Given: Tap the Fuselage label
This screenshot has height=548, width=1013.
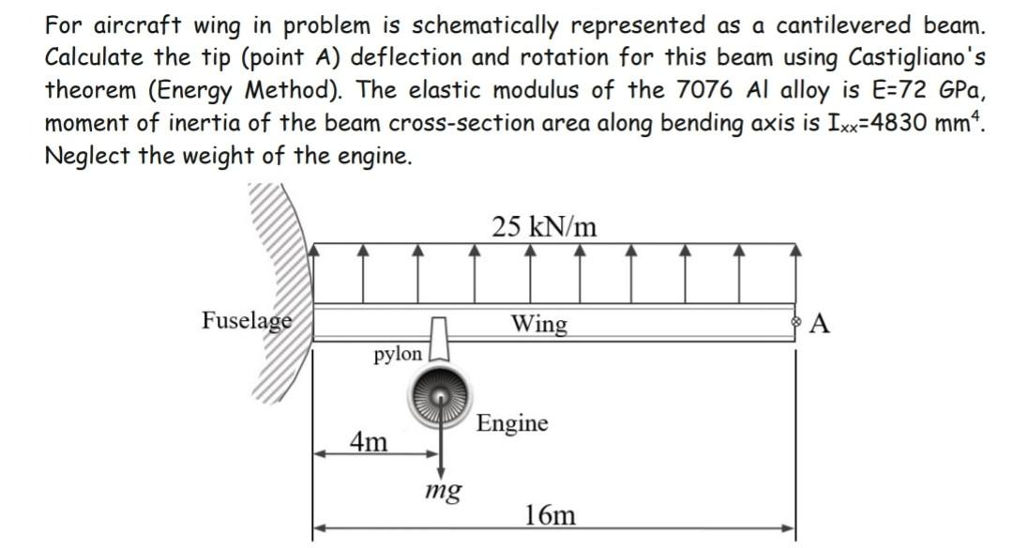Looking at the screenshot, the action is [247, 320].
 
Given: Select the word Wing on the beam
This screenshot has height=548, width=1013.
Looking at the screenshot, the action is [538, 325].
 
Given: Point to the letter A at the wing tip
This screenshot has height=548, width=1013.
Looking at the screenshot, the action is [820, 325].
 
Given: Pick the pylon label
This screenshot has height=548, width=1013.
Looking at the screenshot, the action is [398, 355].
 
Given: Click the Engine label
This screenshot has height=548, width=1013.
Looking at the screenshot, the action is [512, 423].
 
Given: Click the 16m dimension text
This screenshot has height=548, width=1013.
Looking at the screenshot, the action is [551, 514].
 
